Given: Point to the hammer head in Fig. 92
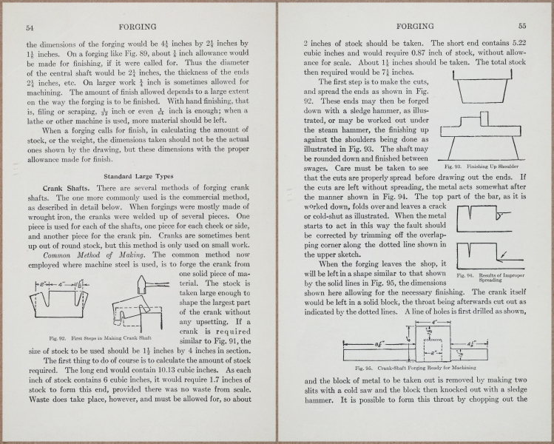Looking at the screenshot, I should (x=143, y=282).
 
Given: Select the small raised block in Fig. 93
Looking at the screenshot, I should (x=480, y=118).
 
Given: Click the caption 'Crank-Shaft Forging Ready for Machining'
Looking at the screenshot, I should (x=415, y=368).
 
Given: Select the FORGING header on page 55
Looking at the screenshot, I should (x=414, y=27).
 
